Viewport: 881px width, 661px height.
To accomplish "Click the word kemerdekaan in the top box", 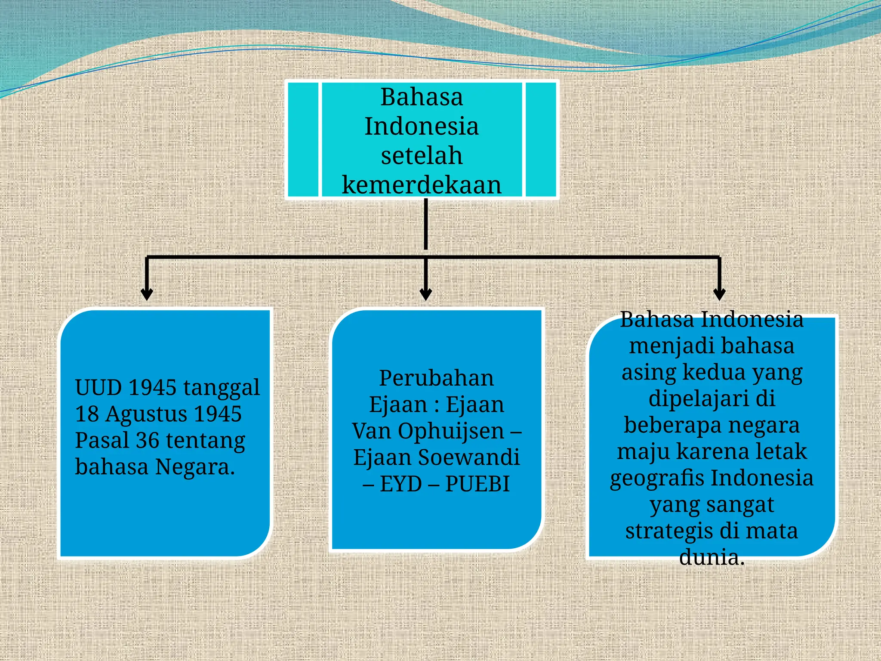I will coord(422,185).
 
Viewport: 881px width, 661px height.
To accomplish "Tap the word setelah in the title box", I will coord(422,155).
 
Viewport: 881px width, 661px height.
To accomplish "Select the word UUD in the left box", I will coord(99,387).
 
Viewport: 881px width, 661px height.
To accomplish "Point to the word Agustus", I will coord(146,414).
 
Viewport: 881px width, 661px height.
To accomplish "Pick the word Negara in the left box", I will coord(194,467).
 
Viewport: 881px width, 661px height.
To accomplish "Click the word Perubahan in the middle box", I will coord(436,378).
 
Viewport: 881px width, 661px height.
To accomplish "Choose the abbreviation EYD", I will coord(401,484).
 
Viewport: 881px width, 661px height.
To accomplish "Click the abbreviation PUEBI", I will coord(477,484).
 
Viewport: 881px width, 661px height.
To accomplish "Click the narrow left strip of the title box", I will coord(303,139).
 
